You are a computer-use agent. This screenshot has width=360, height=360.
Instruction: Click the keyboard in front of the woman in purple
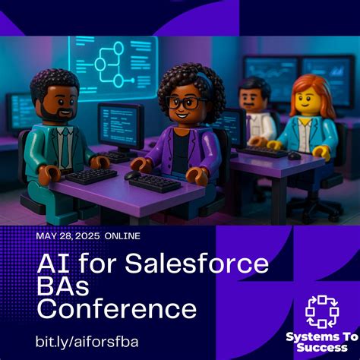(156, 182)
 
